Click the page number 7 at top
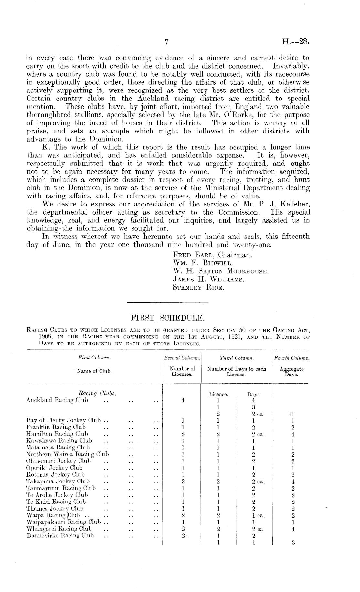click(x=167, y=42)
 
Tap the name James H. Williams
click(x=208, y=279)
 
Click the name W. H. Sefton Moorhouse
click(x=221, y=271)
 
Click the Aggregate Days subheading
click(x=291, y=371)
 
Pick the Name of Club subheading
click(x=94, y=371)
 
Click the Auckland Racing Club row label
click(x=57, y=400)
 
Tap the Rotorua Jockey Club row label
click(x=56, y=475)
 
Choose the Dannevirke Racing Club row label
click(x=60, y=536)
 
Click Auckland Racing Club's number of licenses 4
click(x=183, y=400)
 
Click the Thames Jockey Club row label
click(x=55, y=508)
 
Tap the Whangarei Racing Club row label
click(x=59, y=529)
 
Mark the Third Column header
click(x=237, y=358)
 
